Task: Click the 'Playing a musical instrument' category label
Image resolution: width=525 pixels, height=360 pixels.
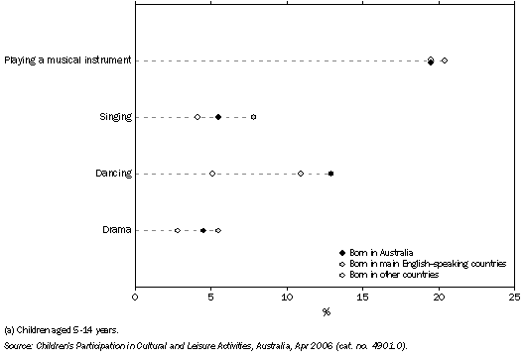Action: pos(66,60)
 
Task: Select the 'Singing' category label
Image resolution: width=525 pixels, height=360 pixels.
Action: pos(115,117)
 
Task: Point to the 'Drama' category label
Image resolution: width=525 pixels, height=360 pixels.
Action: pos(117,230)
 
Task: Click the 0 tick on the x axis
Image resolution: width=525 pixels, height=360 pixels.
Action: pos(136,296)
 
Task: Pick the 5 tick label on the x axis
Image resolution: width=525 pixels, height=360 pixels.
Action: pos(211,296)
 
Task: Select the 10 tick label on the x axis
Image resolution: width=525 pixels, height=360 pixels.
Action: pos(287,296)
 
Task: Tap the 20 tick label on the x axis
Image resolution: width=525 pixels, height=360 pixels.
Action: pos(439,296)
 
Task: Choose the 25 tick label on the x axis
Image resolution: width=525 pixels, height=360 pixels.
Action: pos(514,296)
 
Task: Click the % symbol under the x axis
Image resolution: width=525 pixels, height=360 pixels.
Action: pos(326,311)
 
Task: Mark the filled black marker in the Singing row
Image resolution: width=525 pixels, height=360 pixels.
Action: pos(218,117)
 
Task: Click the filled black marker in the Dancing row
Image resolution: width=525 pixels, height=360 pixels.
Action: pos(330,174)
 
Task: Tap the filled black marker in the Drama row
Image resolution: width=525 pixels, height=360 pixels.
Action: pos(203,230)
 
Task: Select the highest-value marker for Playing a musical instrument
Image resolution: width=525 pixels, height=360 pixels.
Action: pos(444,60)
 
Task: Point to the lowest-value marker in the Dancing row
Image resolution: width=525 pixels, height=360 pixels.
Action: pos(212,174)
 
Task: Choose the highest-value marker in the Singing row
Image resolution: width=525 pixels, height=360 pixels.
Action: pos(253,117)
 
